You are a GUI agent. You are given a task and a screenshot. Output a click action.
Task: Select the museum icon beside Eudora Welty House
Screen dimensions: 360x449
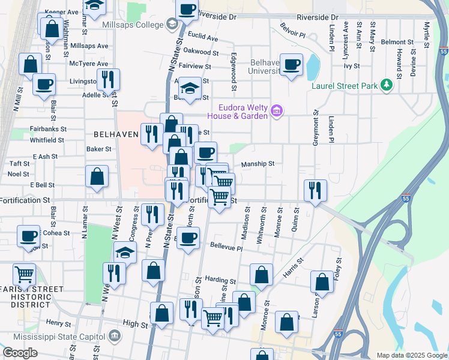(276, 110)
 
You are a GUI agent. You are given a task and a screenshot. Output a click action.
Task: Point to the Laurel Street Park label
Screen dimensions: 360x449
(345, 85)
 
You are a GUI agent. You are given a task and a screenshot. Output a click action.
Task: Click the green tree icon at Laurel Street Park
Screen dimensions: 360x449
(387, 85)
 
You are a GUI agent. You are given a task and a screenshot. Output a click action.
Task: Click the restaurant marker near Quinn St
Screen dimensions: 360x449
(315, 191)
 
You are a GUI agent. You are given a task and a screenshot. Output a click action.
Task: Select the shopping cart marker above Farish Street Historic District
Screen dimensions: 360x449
(24, 274)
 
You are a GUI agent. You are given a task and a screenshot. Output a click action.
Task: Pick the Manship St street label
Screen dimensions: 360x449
(258, 163)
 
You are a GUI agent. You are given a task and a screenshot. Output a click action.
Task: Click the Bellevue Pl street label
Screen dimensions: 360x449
(226, 247)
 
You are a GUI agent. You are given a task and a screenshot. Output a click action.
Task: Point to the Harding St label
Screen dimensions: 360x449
(220, 280)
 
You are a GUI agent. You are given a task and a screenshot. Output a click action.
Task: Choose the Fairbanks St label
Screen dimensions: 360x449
(47, 128)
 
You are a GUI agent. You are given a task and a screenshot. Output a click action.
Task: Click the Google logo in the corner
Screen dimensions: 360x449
(20, 353)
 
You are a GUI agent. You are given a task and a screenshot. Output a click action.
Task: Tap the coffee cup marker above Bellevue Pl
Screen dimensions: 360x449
(188, 238)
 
